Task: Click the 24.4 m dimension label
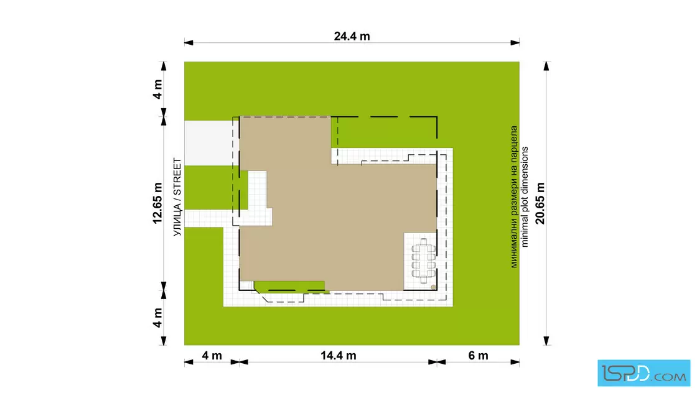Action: (x=352, y=36)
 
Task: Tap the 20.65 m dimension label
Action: (x=540, y=203)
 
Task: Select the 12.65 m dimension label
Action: (x=157, y=203)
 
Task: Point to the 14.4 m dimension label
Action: (x=339, y=355)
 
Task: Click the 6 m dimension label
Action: (x=479, y=355)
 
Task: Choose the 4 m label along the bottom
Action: (x=212, y=355)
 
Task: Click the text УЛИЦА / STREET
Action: (x=177, y=197)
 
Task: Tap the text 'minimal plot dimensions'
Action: (x=525, y=196)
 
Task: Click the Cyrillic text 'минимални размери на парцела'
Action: (x=514, y=196)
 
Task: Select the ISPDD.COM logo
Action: (x=643, y=373)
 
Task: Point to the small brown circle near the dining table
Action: (x=433, y=287)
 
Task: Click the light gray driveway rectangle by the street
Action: (x=208, y=143)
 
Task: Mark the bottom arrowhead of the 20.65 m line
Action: (x=546, y=341)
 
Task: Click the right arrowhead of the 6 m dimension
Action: (x=515, y=362)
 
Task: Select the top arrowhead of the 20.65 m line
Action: (x=546, y=66)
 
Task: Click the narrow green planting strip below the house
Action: (x=290, y=287)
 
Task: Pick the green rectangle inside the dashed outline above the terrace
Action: (x=384, y=132)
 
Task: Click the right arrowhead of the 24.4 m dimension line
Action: (x=515, y=43)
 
